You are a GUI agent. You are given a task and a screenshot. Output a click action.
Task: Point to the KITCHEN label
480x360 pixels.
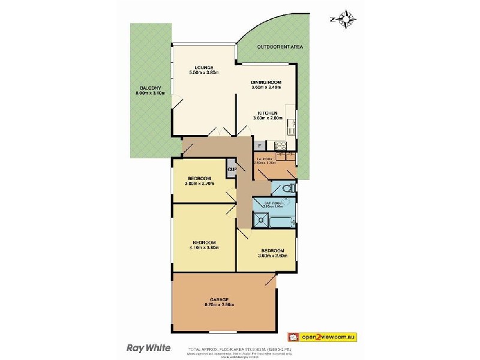pyautogui.click(x=266, y=113)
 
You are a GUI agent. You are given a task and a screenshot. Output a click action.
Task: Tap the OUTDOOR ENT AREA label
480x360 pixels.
pyautogui.click(x=280, y=46)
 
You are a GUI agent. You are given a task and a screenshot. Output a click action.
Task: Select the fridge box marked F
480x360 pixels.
pyautogui.click(x=259, y=145)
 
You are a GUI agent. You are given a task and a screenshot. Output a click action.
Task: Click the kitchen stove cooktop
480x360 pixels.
pyautogui.click(x=280, y=145)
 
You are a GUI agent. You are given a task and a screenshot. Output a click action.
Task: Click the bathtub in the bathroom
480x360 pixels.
pyautogui.click(x=282, y=222)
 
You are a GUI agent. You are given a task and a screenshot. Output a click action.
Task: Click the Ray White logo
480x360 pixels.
pyautogui.click(x=149, y=347)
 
